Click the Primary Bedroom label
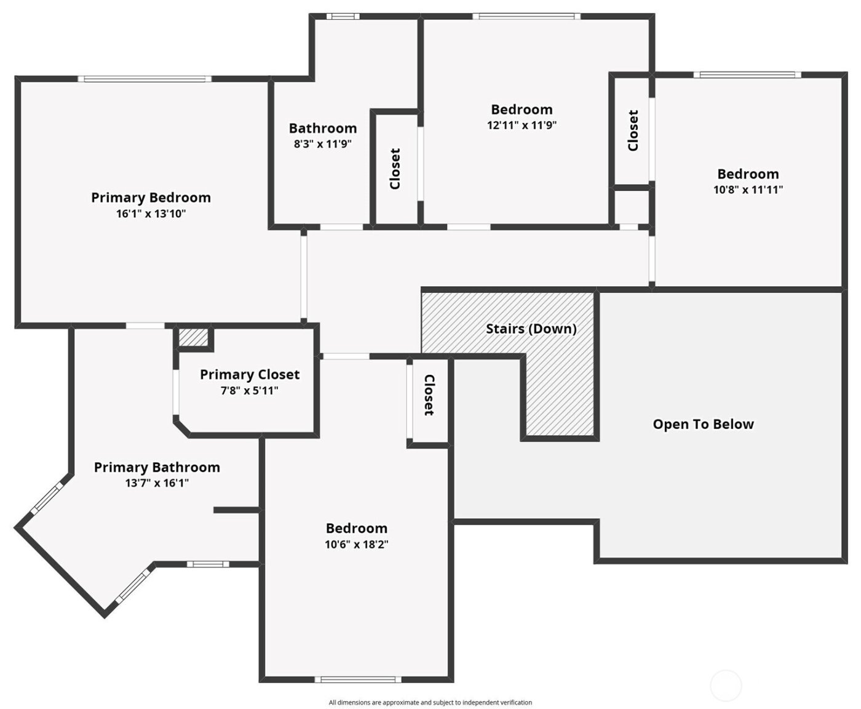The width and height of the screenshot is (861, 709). pyautogui.click(x=151, y=198)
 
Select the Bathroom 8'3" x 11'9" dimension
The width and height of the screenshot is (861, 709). pyautogui.click(x=323, y=145)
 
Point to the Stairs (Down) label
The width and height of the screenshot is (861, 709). pyautogui.click(x=531, y=329)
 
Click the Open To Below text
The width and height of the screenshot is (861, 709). pyautogui.click(x=703, y=424)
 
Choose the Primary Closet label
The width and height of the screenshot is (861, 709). pyautogui.click(x=250, y=374)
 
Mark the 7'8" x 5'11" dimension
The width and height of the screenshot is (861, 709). pyautogui.click(x=250, y=391)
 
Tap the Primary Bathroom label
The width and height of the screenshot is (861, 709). pyautogui.click(x=157, y=467)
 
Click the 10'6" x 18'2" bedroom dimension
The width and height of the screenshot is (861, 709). pyautogui.click(x=357, y=545)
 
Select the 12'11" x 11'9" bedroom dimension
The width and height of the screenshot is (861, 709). pyautogui.click(x=522, y=126)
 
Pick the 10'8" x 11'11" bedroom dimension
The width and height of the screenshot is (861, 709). pyautogui.click(x=748, y=190)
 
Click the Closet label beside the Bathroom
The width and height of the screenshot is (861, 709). pyautogui.click(x=395, y=169)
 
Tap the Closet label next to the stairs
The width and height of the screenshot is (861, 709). pyautogui.click(x=429, y=395)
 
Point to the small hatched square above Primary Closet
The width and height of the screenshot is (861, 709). pyautogui.click(x=194, y=337)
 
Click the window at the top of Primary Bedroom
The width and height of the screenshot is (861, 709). pyautogui.click(x=145, y=79)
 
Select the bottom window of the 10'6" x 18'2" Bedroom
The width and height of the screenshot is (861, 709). pyautogui.click(x=357, y=679)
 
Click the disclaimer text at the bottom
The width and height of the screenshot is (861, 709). pyautogui.click(x=430, y=702)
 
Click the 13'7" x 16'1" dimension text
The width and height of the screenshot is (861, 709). pyautogui.click(x=157, y=484)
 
